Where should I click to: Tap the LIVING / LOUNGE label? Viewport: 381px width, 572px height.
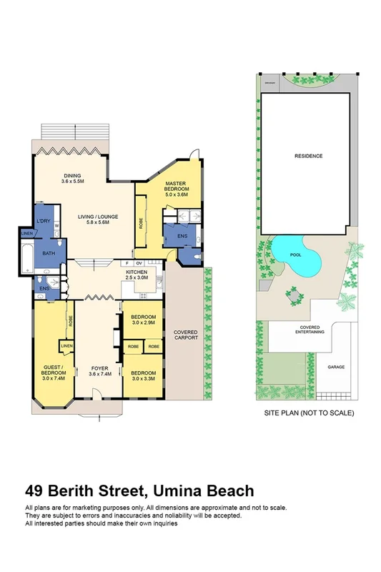pyautogui.click(x=99, y=217)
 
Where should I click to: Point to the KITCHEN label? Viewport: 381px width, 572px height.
pyautogui.click(x=137, y=272)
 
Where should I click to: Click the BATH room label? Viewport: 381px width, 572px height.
pyautogui.click(x=49, y=252)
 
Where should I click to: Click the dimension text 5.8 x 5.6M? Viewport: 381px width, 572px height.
pyautogui.click(x=99, y=223)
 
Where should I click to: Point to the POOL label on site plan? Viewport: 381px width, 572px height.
pyautogui.click(x=295, y=254)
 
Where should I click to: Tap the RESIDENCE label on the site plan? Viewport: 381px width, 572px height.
pyautogui.click(x=308, y=156)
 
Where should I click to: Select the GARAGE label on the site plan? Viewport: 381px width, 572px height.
pyautogui.click(x=336, y=367)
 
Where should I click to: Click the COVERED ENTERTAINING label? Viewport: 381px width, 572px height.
pyautogui.click(x=307, y=330)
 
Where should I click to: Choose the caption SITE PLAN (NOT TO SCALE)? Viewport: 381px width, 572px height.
pyautogui.click(x=308, y=413)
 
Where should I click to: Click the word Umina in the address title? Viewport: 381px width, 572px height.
pyautogui.click(x=172, y=490)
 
